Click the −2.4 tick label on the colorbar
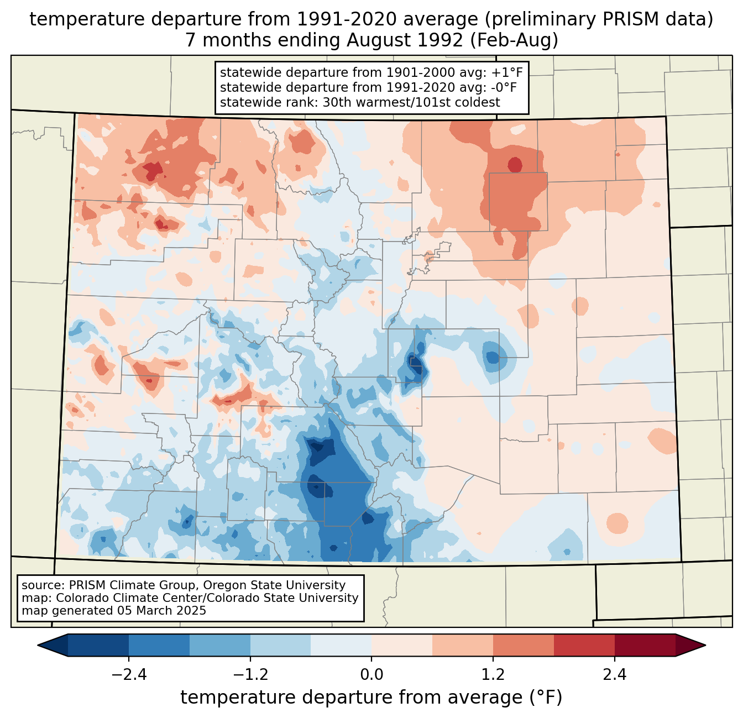(x=129, y=675)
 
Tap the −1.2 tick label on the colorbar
(x=250, y=675)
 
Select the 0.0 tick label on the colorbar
(x=371, y=675)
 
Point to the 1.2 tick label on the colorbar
(x=493, y=675)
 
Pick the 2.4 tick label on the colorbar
(x=614, y=675)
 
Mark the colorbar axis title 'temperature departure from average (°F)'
(x=371, y=698)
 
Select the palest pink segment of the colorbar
(x=402, y=645)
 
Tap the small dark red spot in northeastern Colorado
(x=515, y=165)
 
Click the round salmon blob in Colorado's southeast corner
(x=617, y=523)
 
